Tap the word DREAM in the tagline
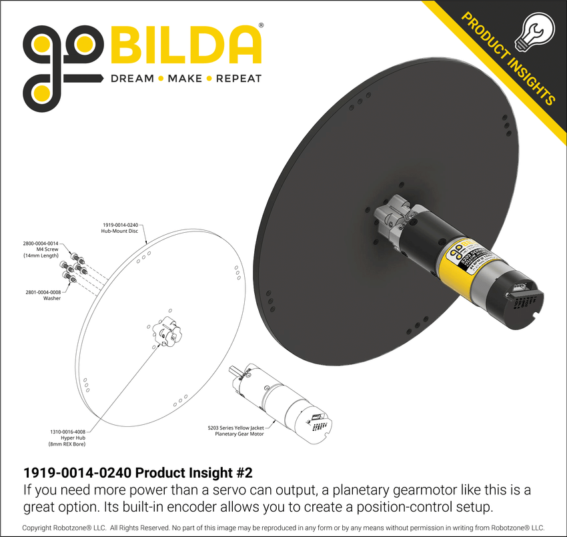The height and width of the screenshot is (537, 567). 132,78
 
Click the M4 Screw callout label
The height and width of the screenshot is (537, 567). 41,249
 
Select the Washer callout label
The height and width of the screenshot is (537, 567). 42,295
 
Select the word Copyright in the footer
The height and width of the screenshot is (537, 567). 44,528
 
